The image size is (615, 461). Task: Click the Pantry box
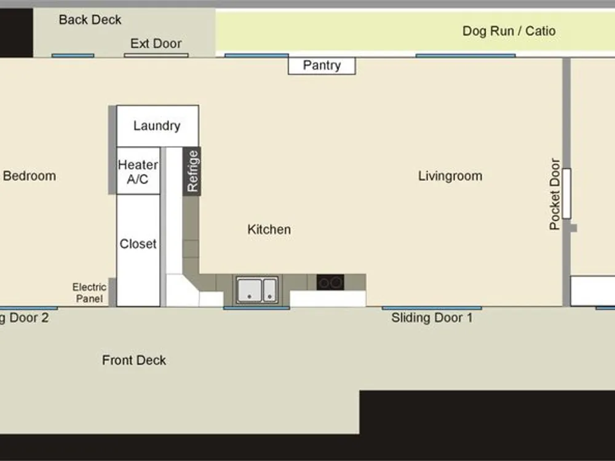[322, 66]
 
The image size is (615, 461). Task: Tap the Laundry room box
[157, 126]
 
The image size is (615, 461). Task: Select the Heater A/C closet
[138, 171]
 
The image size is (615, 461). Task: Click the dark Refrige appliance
[192, 171]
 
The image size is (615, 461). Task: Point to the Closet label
[138, 244]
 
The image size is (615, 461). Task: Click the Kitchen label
[269, 229]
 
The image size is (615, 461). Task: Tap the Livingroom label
[450, 176]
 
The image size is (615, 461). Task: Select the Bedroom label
[30, 176]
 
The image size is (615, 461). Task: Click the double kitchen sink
[257, 290]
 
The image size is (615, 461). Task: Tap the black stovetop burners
[330, 282]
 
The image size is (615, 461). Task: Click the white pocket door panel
[566, 194]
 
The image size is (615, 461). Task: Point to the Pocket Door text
[555, 194]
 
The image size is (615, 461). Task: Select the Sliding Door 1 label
[432, 318]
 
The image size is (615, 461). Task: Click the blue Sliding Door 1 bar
[432, 308]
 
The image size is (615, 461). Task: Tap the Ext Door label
[156, 44]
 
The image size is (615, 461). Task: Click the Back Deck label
[90, 20]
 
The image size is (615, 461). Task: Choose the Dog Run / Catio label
[509, 31]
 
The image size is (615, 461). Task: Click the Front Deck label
[134, 360]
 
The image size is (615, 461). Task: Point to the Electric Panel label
[89, 293]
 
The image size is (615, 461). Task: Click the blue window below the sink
[256, 308]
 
